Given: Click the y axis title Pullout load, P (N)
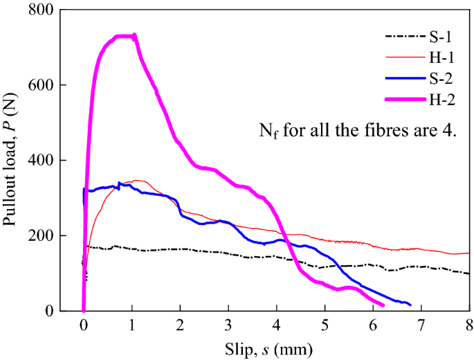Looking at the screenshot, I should point(15,160).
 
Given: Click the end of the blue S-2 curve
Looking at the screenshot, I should point(410,305).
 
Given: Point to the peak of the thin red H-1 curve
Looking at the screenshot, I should point(137,180).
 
